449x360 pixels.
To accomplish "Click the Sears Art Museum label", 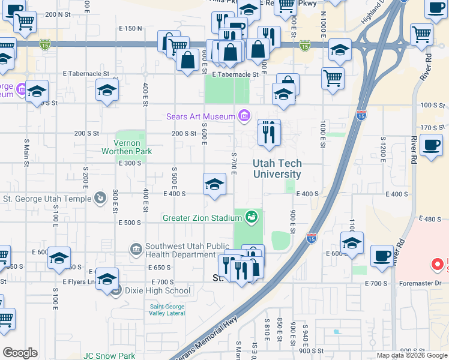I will coord(200,115).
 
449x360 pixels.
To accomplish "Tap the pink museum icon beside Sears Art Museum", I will coord(244,115).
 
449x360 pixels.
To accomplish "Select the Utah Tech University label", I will coord(277,169).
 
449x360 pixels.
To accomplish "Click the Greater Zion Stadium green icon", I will coord(252,217).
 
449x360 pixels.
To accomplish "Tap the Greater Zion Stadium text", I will coord(202,218).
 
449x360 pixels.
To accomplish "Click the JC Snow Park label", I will coord(109,355).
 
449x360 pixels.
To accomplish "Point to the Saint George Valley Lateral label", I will coord(167,310).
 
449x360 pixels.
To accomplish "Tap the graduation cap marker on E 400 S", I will coord(214,185).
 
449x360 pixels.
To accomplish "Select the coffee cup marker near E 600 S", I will coord(382,255).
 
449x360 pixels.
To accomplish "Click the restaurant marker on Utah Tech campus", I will coord(269,132).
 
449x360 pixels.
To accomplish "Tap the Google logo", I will coord(20,353).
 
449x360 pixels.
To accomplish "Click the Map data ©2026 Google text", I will coord(411,355).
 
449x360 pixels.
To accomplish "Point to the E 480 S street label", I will coord(432,219).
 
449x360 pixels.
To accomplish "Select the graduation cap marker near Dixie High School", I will coord(107,280).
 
